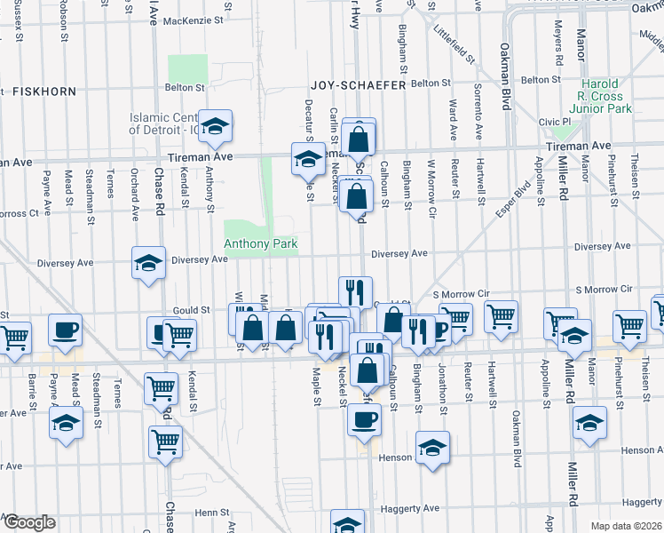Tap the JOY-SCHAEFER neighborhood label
click(357, 85)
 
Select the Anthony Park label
click(260, 243)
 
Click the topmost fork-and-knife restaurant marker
click(354, 290)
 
